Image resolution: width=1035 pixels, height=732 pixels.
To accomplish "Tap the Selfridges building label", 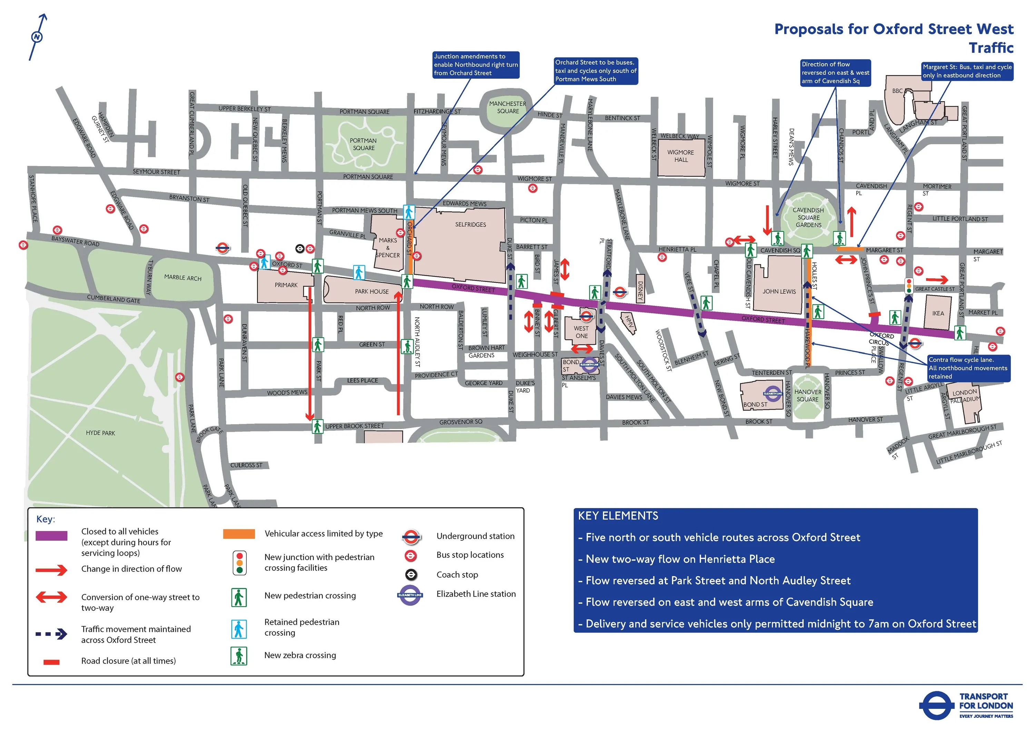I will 470,225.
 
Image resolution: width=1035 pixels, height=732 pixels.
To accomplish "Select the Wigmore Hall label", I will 681,156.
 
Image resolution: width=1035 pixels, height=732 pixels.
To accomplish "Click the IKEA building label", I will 938,313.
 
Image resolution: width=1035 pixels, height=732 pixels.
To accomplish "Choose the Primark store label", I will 286,285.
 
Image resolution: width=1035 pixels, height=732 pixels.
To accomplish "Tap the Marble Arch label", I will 183,277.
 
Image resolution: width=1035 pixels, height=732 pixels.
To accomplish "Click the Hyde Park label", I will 100,433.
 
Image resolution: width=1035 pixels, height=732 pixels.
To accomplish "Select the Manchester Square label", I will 507,107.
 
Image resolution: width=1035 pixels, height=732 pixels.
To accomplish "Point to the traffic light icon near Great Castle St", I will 909,286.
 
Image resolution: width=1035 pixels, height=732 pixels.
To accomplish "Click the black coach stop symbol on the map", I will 300,248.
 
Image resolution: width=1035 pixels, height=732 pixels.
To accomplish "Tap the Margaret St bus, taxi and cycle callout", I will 967,71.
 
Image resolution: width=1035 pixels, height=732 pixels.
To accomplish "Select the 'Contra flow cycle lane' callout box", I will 968,368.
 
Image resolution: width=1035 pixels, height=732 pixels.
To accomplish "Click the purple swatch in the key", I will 51,536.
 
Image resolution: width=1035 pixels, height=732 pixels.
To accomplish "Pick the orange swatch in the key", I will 239,534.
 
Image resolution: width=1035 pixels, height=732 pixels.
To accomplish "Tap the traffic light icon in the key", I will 239,563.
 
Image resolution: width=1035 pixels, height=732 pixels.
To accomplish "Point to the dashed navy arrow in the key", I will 51,634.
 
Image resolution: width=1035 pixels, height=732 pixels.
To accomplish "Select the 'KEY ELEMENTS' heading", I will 618,516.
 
